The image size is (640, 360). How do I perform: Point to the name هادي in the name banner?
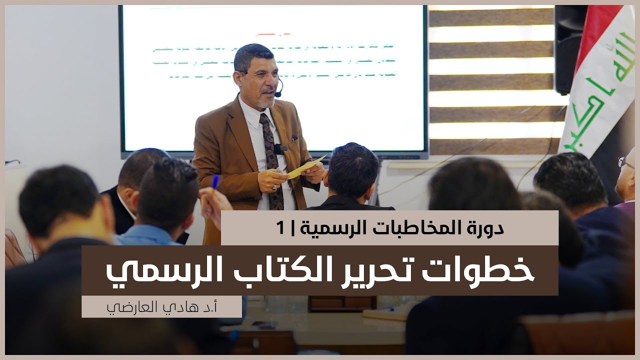pos(165,306)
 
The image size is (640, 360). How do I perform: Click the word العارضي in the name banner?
pos(125,306)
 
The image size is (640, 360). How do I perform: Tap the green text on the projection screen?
pos(280,60)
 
